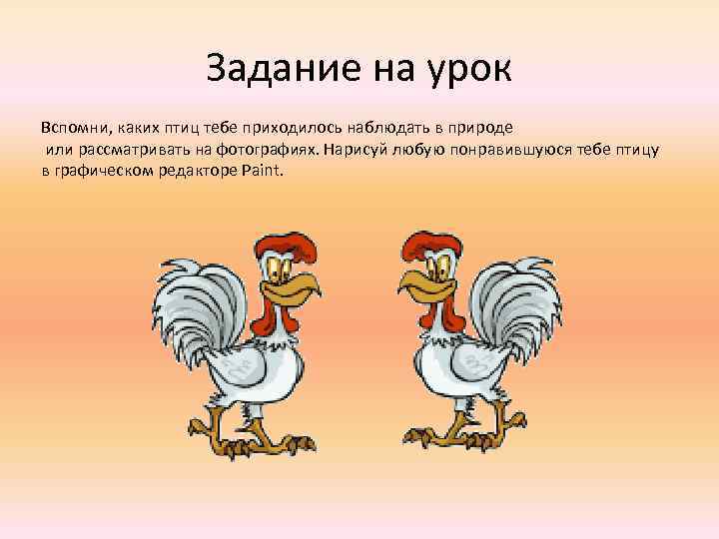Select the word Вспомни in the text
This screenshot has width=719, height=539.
click(x=74, y=129)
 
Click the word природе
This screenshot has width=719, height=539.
click(x=483, y=129)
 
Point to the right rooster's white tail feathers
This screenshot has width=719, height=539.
click(x=519, y=299)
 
